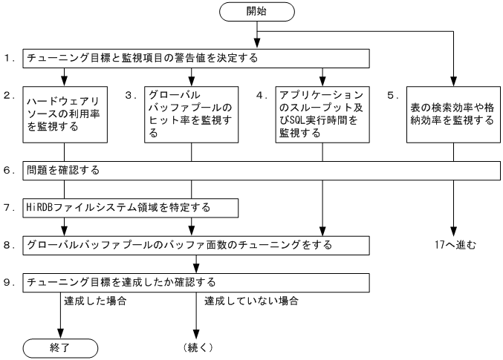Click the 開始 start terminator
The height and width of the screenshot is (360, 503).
(256, 12)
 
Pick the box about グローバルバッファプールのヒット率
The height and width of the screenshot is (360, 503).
(192, 114)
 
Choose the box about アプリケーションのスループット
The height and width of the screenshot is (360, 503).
(322, 114)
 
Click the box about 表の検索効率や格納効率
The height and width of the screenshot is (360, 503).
(452, 114)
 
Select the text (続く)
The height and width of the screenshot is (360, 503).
(196, 347)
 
